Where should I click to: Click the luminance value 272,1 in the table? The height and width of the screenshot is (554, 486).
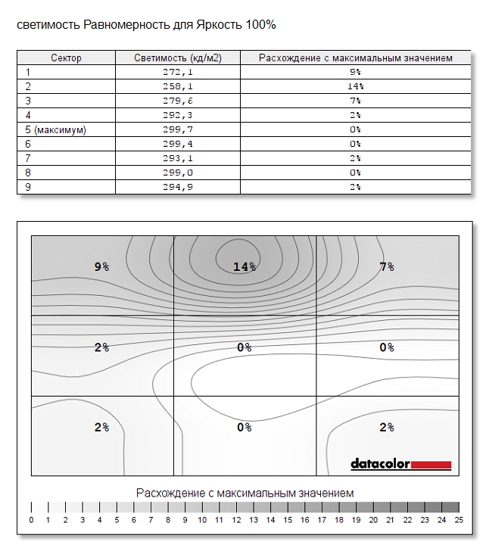pyautogui.click(x=178, y=72)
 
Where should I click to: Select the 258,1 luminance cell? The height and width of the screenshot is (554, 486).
pyautogui.click(x=178, y=86)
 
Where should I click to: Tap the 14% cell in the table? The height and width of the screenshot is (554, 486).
pyautogui.click(x=355, y=86)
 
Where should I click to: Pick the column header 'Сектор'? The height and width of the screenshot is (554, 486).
pyautogui.click(x=66, y=58)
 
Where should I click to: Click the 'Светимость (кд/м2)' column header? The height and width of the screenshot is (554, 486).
pyautogui.click(x=178, y=58)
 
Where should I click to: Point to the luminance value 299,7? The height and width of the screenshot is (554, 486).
pyautogui.click(x=178, y=129)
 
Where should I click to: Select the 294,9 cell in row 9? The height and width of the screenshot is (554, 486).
pyautogui.click(x=178, y=187)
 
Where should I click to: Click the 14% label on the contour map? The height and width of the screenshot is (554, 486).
pyautogui.click(x=245, y=266)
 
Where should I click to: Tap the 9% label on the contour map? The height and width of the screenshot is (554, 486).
pyautogui.click(x=101, y=266)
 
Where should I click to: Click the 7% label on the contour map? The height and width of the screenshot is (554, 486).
pyautogui.click(x=386, y=266)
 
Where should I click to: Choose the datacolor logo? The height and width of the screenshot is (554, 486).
pyautogui.click(x=400, y=464)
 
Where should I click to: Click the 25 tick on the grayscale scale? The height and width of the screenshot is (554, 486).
pyautogui.click(x=459, y=520)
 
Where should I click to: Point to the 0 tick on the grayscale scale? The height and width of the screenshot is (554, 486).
pyautogui.click(x=31, y=520)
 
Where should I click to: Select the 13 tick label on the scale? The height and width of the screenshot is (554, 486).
pyautogui.click(x=254, y=520)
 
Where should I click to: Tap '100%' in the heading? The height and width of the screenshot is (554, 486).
pyautogui.click(x=260, y=25)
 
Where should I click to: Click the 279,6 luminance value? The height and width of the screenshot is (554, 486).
pyautogui.click(x=178, y=101)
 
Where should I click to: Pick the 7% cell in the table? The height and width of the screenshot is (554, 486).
pyautogui.click(x=355, y=101)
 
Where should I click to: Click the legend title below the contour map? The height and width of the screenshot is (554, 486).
pyautogui.click(x=245, y=493)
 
